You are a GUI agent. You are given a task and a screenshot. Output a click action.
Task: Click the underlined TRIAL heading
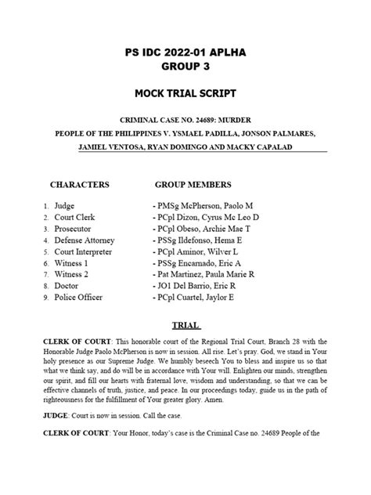click(185, 324)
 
